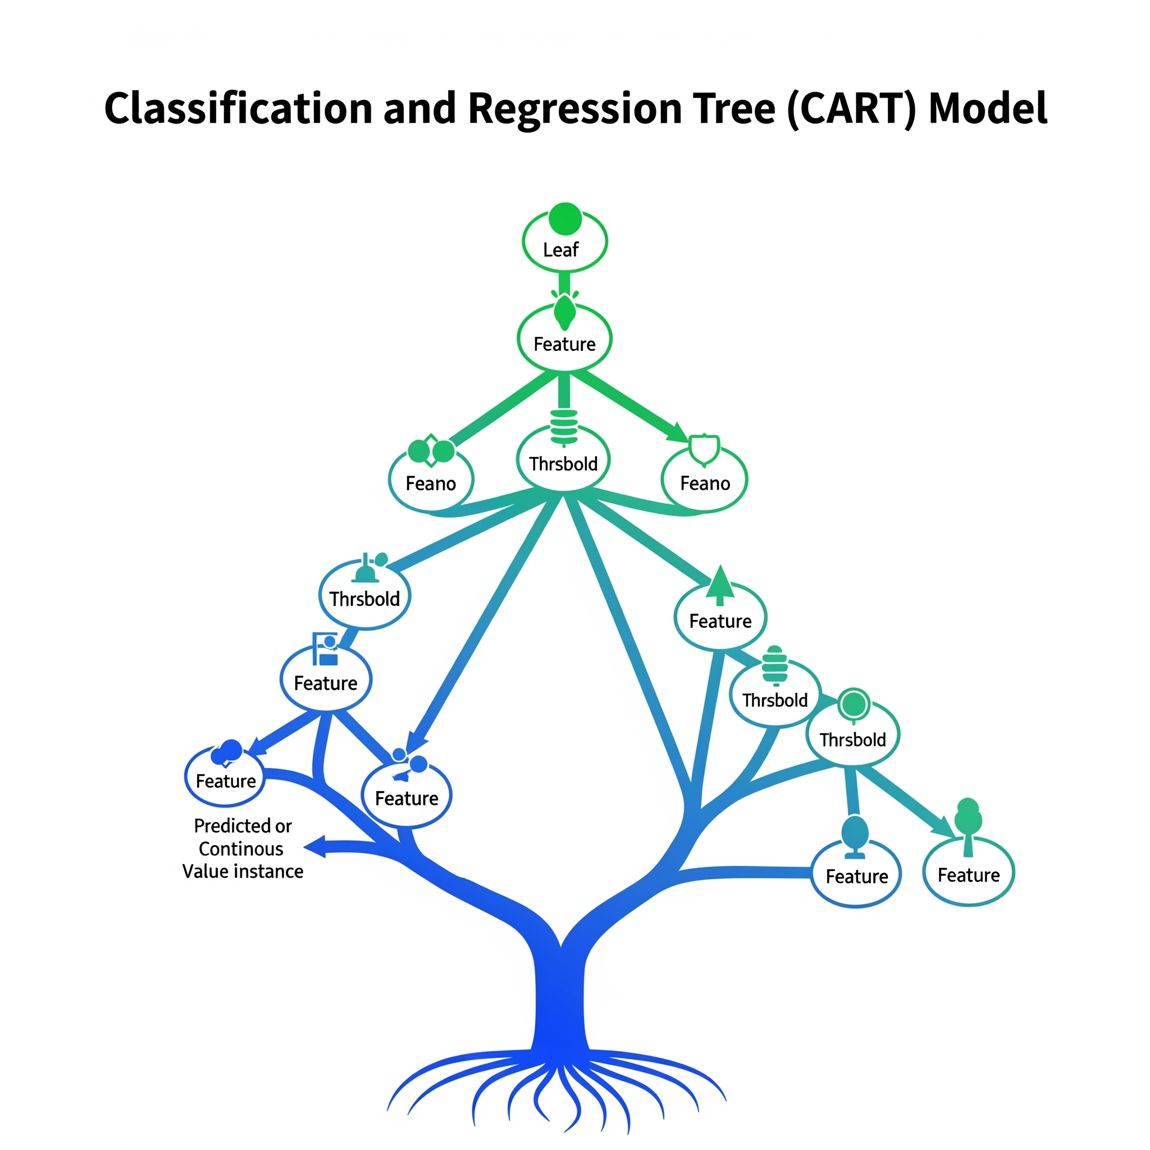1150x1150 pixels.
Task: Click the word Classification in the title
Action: [239, 108]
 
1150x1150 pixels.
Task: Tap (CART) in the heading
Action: [852, 109]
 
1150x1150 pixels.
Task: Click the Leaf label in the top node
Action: [561, 249]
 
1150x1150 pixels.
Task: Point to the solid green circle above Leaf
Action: [565, 218]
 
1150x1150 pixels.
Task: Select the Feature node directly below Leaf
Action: [564, 339]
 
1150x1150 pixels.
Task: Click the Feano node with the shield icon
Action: [704, 480]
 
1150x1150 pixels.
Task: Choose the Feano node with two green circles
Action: [431, 480]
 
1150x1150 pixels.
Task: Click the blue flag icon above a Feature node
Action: [326, 649]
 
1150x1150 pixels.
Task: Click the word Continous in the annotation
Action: [241, 849]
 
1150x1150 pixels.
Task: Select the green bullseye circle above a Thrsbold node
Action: [854, 705]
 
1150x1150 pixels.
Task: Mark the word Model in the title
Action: [989, 108]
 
